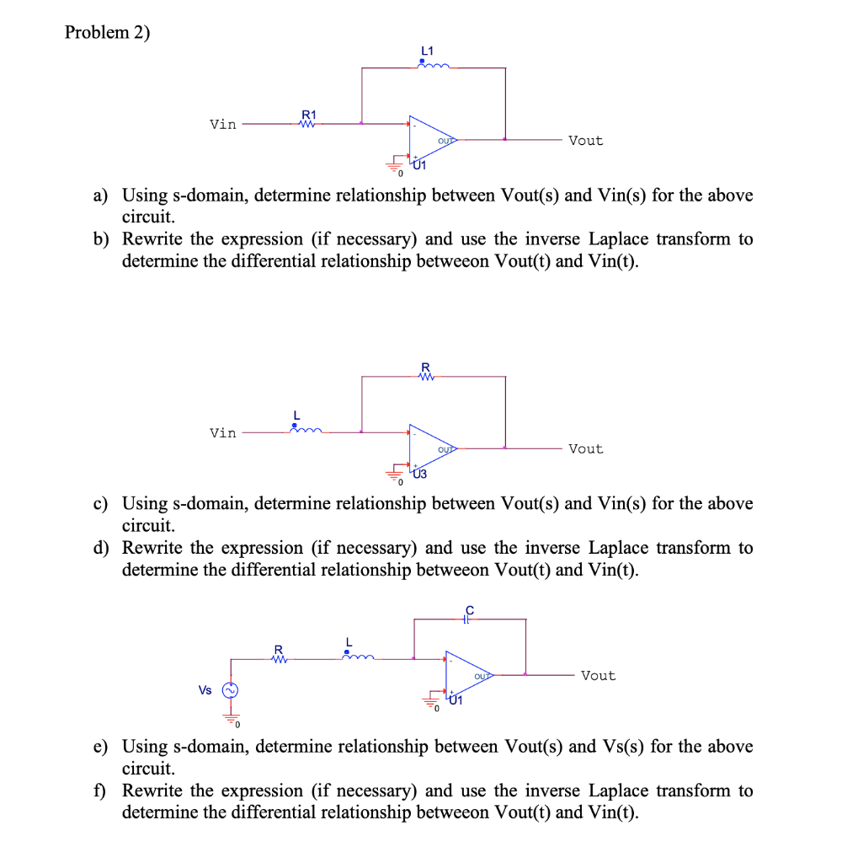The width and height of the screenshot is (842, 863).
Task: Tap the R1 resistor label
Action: click(x=309, y=115)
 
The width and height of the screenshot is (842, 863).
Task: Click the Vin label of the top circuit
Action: click(x=223, y=125)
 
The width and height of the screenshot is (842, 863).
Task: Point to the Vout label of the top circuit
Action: click(x=585, y=141)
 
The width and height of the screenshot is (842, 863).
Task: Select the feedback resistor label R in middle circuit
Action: click(x=425, y=366)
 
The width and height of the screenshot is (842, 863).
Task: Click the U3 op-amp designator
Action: click(x=419, y=474)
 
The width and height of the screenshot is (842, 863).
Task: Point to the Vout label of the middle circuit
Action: click(x=585, y=449)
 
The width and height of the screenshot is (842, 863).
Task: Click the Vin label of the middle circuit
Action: click(x=223, y=433)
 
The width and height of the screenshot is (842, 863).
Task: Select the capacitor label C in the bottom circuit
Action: click(x=470, y=608)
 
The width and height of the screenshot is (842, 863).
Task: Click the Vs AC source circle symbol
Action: click(x=228, y=690)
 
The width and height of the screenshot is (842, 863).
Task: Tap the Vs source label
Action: click(x=205, y=690)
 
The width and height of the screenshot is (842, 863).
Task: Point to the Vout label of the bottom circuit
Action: click(x=598, y=676)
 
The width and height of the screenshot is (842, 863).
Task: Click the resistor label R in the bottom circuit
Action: click(x=278, y=649)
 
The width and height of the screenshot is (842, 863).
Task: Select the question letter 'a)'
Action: click(x=101, y=196)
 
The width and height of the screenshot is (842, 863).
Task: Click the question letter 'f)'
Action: click(x=100, y=791)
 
